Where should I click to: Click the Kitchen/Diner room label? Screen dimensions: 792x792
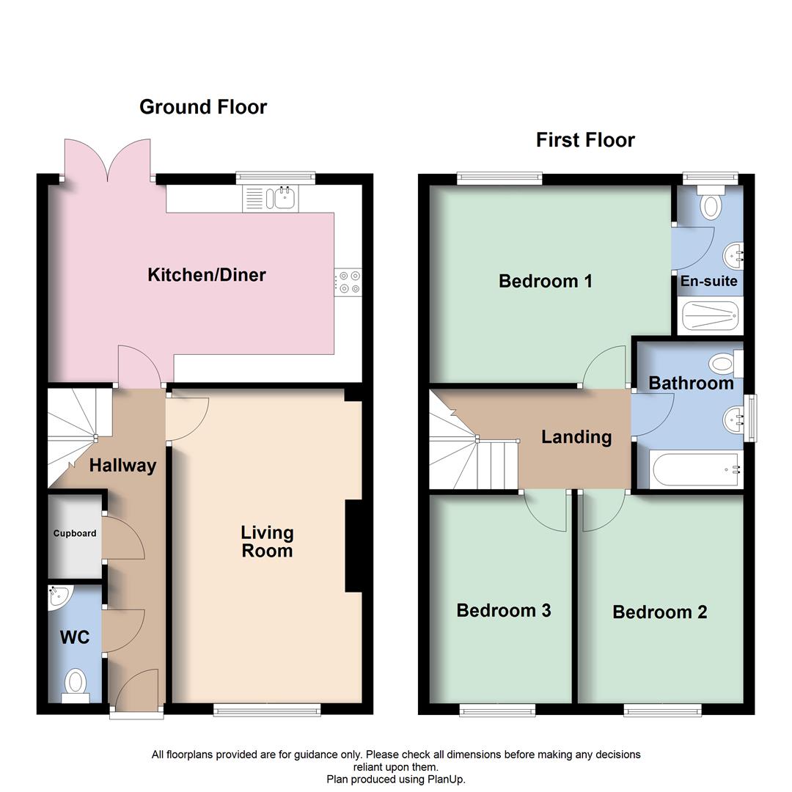pos(207,275)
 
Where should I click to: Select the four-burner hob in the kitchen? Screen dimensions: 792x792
pos(348,282)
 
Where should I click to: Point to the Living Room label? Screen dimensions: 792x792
pos(267,542)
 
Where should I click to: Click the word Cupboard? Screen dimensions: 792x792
pos(75,533)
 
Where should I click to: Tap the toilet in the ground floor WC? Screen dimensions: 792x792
pos(75,684)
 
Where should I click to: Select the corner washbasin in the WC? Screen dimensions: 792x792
pos(58,597)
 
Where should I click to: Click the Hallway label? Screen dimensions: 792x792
pos(122,466)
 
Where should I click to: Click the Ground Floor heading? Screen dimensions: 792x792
pos(203,107)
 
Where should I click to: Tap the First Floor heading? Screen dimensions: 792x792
pos(585,140)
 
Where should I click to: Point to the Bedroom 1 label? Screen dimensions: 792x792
pos(545,281)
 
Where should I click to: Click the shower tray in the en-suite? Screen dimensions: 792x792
pos(708,316)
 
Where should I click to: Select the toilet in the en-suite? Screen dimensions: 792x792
pos(711,204)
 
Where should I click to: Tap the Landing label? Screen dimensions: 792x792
pos(576,437)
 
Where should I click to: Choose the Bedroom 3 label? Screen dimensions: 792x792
pos(503,610)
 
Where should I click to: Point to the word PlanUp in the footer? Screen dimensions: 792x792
pos(444,780)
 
